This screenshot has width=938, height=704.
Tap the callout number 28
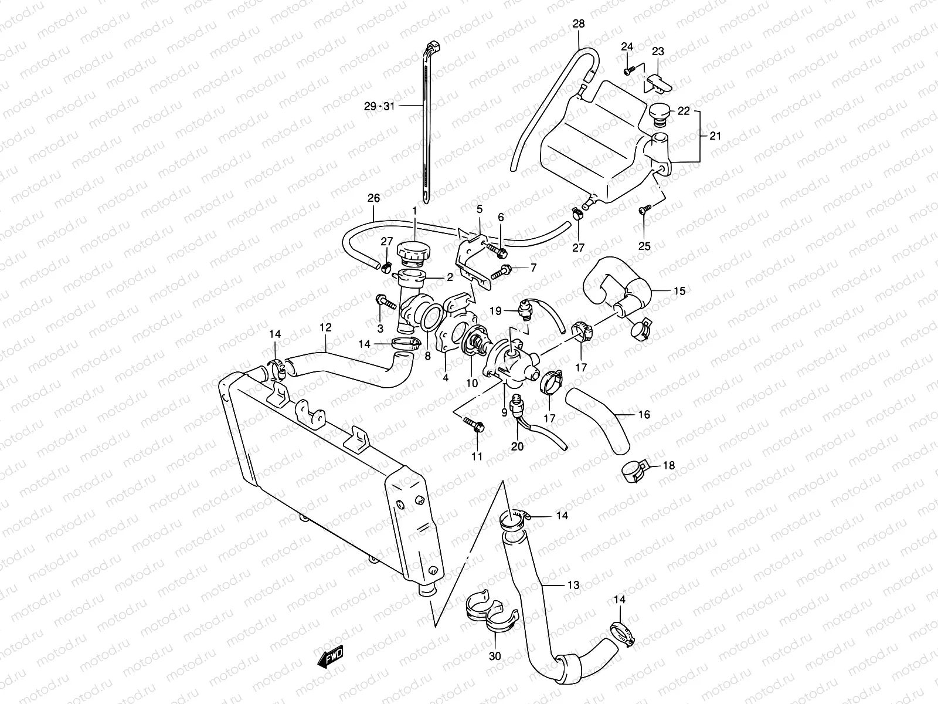pos(579,23)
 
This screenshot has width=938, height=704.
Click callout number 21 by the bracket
pos(715,136)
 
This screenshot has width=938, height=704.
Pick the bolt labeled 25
pos(644,209)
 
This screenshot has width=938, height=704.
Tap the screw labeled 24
pos(627,70)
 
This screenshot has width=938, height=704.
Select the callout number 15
pos(679,291)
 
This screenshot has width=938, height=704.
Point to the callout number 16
pos(643,415)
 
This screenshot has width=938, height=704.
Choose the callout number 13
pos(573,585)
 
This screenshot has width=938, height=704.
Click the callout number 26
pos(373,198)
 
